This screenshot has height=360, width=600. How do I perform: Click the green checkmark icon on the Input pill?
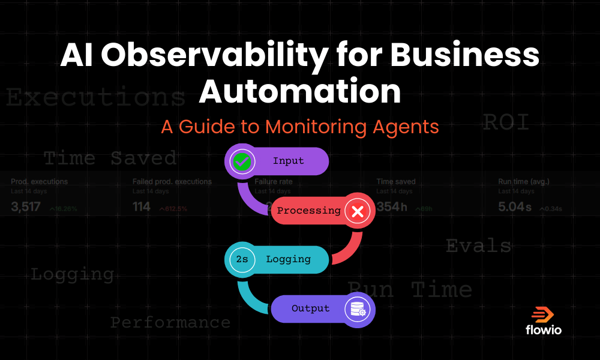pos(241,161)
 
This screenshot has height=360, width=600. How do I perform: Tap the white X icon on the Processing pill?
pos(358,211)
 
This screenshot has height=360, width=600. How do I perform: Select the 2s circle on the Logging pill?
pos(241,260)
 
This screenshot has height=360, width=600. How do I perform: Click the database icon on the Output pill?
pos(358,309)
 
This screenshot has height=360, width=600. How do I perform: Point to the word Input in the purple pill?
pos(288,161)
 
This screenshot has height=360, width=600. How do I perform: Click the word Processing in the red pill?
pos(308,211)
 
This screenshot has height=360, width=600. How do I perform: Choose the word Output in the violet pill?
pos(310,309)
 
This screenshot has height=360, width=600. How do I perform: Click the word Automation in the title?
pos(299,92)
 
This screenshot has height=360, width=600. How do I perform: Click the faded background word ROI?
pos(506,123)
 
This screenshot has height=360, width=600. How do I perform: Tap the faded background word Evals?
pos(478,246)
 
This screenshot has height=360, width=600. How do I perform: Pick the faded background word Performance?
pos(170,323)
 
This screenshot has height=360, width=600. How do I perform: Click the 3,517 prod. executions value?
pos(26,208)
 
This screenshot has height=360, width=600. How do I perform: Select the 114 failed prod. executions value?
pos(142,208)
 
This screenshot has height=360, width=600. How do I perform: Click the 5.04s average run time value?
pos(515,208)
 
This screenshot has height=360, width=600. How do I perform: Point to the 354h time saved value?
pos(392,208)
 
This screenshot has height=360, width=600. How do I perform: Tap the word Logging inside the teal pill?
pos(288,260)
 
